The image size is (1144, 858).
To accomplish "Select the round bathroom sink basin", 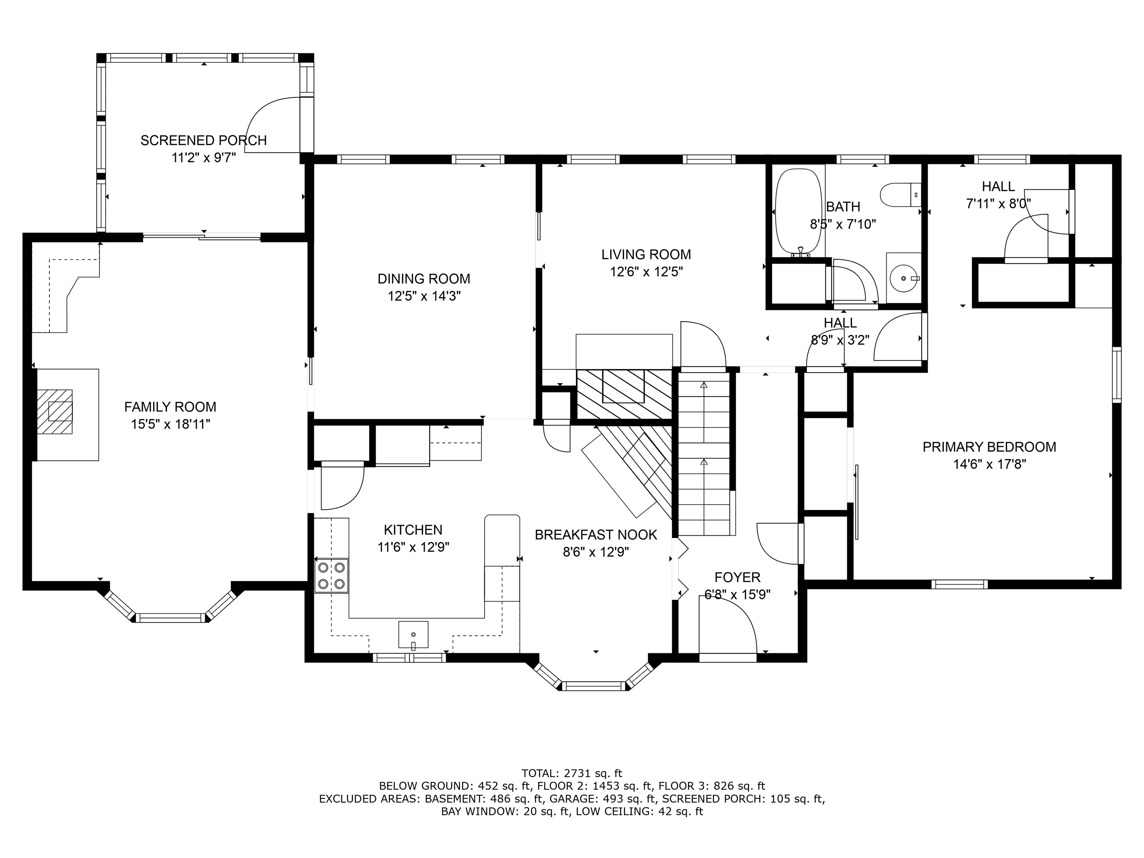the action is (x=903, y=278).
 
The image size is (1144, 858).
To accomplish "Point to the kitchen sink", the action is (x=413, y=634).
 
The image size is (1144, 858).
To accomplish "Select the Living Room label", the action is (x=646, y=254).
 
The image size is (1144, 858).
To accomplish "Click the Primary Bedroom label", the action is (x=989, y=447).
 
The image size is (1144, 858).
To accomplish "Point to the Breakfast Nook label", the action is (x=596, y=535).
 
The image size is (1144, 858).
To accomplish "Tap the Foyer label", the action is (x=737, y=577).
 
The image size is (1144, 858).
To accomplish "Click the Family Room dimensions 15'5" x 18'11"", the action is (x=170, y=425).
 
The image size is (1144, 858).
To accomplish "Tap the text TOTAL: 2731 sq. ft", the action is (x=572, y=774).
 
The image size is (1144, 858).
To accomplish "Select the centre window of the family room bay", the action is (x=170, y=617).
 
